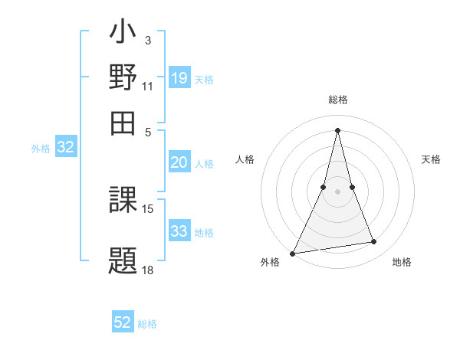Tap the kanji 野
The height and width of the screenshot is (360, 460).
click(123, 79)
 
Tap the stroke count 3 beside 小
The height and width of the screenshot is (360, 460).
click(147, 39)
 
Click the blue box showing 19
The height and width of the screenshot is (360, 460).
click(179, 77)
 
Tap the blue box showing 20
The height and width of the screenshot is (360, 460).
click(179, 162)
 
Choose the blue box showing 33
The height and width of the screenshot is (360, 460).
click(179, 231)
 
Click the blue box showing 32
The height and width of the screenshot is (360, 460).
click(65, 148)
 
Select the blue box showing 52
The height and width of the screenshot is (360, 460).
click(123, 322)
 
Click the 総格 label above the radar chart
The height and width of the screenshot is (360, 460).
click(338, 100)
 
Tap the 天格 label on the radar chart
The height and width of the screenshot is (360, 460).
click(431, 159)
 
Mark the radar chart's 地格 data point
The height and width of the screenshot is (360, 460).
click(374, 242)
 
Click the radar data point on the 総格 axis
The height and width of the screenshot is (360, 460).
click(338, 130)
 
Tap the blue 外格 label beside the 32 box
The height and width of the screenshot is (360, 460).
click(41, 149)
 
